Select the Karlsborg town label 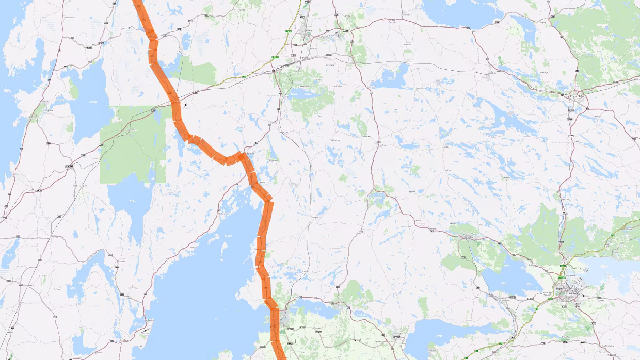150,320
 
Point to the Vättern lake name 227,236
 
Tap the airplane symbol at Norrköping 583,296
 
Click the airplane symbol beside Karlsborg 146,330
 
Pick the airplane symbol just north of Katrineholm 577,84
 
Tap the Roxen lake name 439,330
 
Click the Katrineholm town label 580,95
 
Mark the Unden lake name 133,200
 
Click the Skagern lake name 93,102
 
